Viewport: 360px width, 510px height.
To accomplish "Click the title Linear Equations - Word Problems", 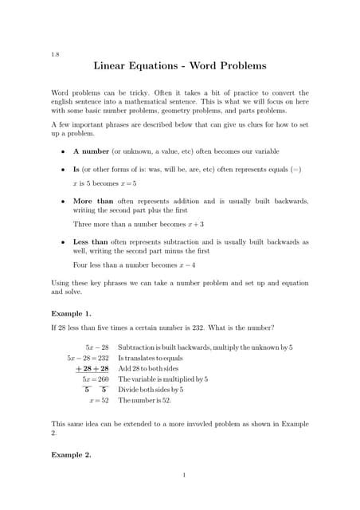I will click(180, 66).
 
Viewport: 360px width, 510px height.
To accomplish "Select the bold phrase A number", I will click(92, 151).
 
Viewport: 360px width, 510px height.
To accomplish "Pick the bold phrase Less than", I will click(91, 241).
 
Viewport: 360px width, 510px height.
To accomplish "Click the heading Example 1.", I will click(69, 313).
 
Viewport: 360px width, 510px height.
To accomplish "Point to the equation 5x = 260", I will click(92, 379).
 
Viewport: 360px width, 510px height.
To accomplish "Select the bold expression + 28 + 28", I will click(92, 369).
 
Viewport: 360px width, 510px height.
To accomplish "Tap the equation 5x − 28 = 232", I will click(88, 359).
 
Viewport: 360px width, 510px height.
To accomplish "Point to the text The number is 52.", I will click(145, 400).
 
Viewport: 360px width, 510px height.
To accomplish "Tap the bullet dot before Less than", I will click(63, 241).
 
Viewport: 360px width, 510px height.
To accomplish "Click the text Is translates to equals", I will click(151, 359).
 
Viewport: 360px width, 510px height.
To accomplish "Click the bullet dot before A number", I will click(63, 151).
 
